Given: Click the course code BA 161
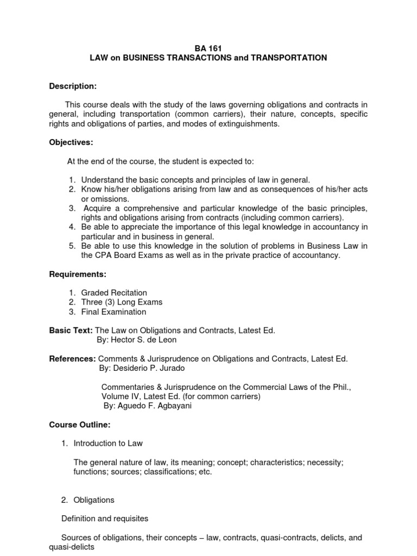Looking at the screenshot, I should point(208,48).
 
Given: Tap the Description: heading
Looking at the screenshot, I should point(73,86).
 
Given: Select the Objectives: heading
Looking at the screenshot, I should point(71,142).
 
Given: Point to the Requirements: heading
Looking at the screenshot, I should point(78,274).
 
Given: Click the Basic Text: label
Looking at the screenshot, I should point(71,330).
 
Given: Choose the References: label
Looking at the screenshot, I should point(73,359).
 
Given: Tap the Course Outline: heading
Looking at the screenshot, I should point(79,424).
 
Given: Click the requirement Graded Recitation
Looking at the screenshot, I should point(114,293).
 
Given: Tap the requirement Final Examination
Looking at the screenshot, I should point(113,312).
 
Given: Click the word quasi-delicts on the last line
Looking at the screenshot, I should point(71,547).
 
